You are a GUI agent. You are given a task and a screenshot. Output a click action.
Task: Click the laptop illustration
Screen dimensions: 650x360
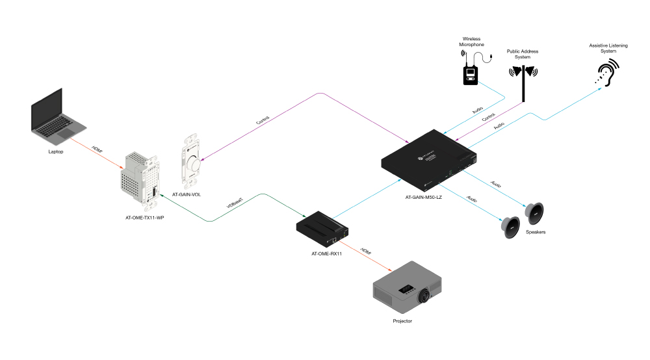point(58,117)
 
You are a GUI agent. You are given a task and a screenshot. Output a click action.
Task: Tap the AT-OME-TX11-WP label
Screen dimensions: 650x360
point(145,218)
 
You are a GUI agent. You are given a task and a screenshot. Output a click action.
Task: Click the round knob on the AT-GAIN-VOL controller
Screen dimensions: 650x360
point(193,164)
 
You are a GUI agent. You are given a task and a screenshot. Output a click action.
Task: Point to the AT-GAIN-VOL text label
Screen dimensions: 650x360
point(187,194)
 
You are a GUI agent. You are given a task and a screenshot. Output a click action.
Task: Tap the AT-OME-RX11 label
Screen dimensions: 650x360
point(327,253)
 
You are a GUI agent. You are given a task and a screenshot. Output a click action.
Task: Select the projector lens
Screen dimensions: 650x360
point(424,296)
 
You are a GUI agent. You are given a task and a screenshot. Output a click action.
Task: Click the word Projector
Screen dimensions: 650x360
point(402,321)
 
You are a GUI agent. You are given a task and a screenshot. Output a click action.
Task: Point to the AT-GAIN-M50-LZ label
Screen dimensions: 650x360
point(424,197)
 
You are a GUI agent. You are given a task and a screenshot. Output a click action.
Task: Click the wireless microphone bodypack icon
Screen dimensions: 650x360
point(471,75)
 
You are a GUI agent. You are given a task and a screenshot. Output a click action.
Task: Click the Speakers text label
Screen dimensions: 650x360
point(536,232)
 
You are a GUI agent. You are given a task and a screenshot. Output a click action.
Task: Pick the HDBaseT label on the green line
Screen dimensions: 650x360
point(235,203)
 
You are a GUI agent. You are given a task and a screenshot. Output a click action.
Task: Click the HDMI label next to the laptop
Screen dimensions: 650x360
point(97,150)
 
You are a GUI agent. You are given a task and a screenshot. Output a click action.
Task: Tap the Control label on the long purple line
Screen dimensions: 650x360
point(263,120)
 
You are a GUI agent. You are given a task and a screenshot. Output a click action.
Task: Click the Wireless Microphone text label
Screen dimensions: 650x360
point(471,42)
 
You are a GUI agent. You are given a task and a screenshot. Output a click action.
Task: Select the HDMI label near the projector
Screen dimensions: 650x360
point(365,251)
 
